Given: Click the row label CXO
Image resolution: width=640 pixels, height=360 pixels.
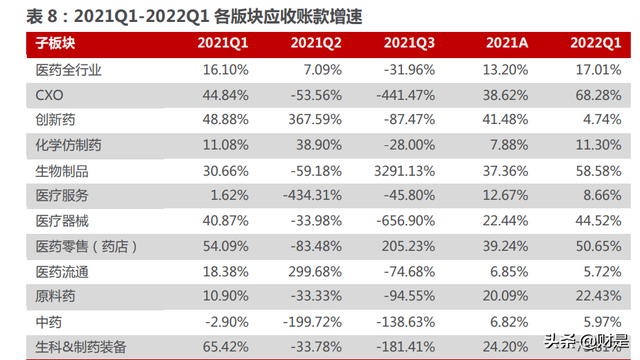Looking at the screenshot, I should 50,94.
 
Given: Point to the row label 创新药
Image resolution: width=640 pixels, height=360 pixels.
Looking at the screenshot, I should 56,120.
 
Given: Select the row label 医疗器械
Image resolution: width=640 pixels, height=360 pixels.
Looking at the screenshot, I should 62,223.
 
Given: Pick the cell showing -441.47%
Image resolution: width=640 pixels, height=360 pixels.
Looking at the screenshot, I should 404,94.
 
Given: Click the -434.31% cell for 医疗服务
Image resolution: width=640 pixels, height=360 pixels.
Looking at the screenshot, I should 309,197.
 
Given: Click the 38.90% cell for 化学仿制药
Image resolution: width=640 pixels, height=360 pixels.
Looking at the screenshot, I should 316,146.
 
